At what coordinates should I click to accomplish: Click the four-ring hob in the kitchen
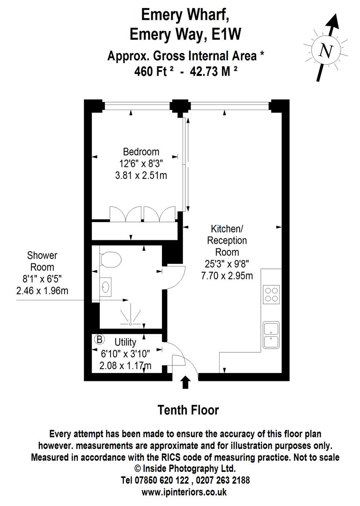[x=272, y=294]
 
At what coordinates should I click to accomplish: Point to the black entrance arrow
[x=185, y=382]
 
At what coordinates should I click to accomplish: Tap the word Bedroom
[x=141, y=152]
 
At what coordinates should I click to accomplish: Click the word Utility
[x=125, y=342]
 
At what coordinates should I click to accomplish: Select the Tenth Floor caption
[x=188, y=410]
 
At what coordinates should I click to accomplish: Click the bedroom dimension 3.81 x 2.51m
[x=141, y=176]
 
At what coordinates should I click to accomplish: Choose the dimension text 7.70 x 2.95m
[x=227, y=276]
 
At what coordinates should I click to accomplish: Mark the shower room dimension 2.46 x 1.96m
[x=42, y=290]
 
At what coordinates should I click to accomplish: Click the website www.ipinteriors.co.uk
[x=184, y=492]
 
